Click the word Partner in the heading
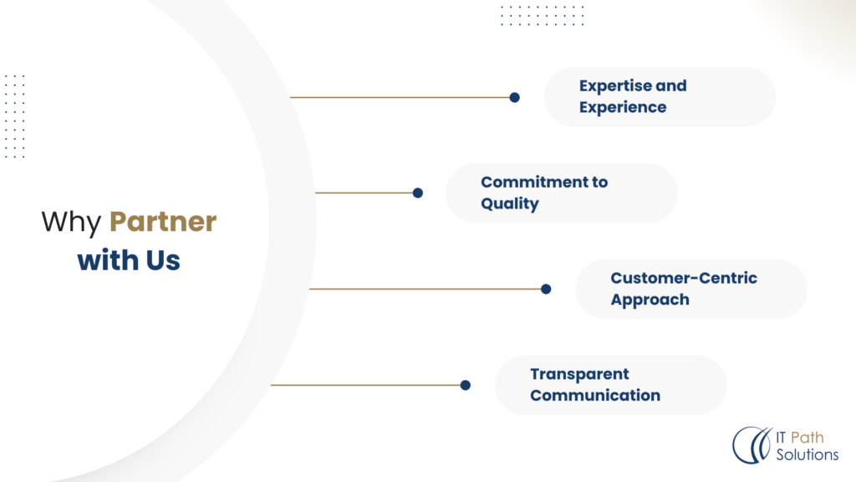[x=163, y=221]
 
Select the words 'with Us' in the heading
[x=129, y=259]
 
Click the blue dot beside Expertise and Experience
[x=514, y=97]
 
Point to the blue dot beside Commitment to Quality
[x=418, y=193]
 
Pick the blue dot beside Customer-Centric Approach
[x=546, y=289]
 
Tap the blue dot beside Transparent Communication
[x=465, y=385]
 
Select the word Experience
[x=623, y=107]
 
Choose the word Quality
[x=510, y=203]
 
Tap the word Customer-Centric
[x=684, y=278]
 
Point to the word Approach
[x=650, y=300]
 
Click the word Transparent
[x=580, y=374]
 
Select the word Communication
[x=595, y=396]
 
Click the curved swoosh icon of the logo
[x=752, y=445]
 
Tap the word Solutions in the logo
[x=808, y=454]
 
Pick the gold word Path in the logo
[x=808, y=437]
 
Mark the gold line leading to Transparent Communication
[x=366, y=385]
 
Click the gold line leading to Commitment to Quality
[x=364, y=193]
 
